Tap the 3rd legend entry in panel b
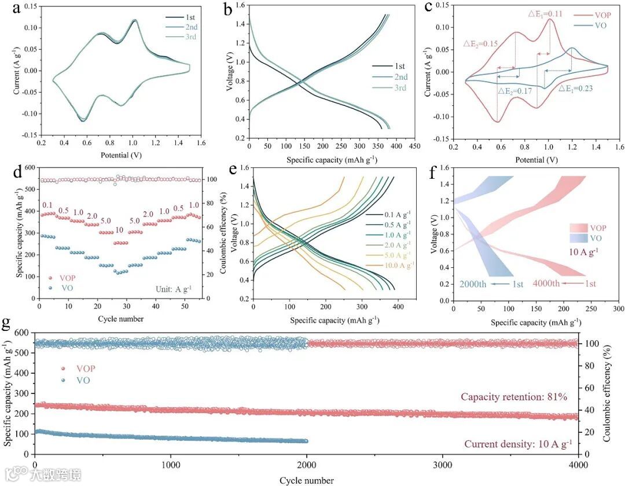point(396,88)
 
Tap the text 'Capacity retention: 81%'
point(513,397)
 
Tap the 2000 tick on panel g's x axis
point(307,465)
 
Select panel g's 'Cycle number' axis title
point(306,480)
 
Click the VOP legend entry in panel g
point(80,368)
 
